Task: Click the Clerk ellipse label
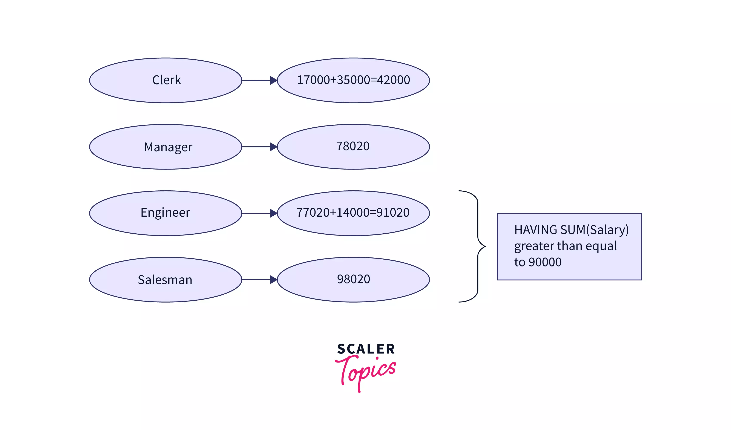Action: pos(167,80)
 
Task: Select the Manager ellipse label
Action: pos(168,147)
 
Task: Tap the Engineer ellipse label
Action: pos(165,213)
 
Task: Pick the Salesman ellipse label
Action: pos(165,280)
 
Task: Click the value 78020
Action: pos(353,146)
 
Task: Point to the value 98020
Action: pos(353,279)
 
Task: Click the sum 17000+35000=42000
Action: pos(353,80)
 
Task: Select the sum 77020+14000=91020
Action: pos(353,213)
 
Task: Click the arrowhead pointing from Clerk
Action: pos(273,80)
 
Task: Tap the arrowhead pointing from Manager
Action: pos(273,147)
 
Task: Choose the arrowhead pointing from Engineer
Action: pos(273,213)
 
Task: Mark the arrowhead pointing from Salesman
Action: pos(273,280)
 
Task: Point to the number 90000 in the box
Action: pos(545,262)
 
